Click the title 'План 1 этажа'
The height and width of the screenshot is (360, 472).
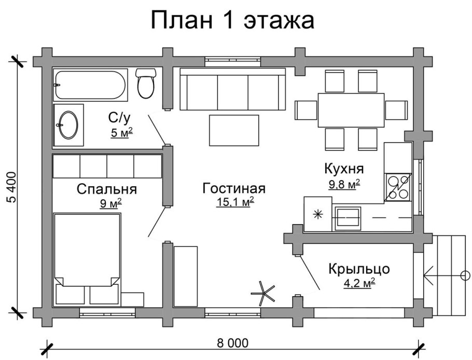(233, 21)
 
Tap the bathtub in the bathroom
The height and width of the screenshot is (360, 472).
(89, 85)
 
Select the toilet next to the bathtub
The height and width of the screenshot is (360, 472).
(146, 83)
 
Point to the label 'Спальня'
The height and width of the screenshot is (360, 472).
(106, 189)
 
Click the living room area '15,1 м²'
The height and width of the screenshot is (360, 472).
(235, 202)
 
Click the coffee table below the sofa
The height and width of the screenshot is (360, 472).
(234, 130)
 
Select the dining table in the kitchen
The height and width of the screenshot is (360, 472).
(351, 109)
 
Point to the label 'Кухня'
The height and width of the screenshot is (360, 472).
(343, 169)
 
